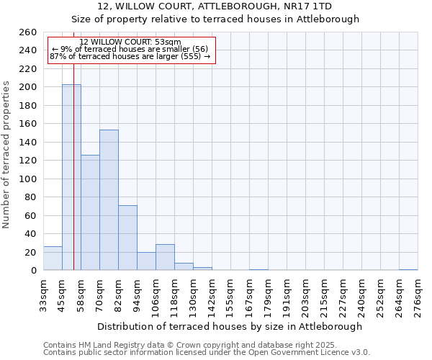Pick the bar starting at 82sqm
(x=127, y=238)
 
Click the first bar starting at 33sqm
(x=53, y=258)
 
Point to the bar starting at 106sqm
(x=165, y=258)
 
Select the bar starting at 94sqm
(x=146, y=261)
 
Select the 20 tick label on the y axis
(x=30, y=252)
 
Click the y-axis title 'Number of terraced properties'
(x=6, y=154)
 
